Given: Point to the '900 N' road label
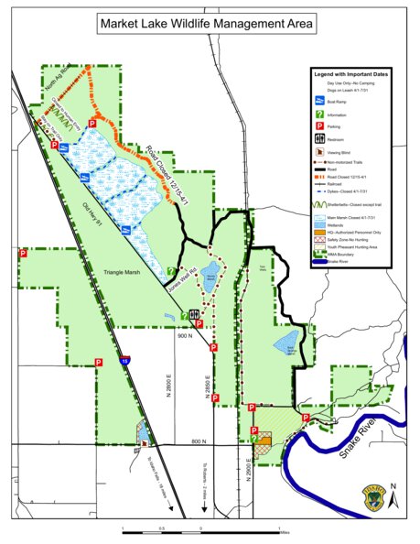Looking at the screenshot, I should click(x=186, y=335).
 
